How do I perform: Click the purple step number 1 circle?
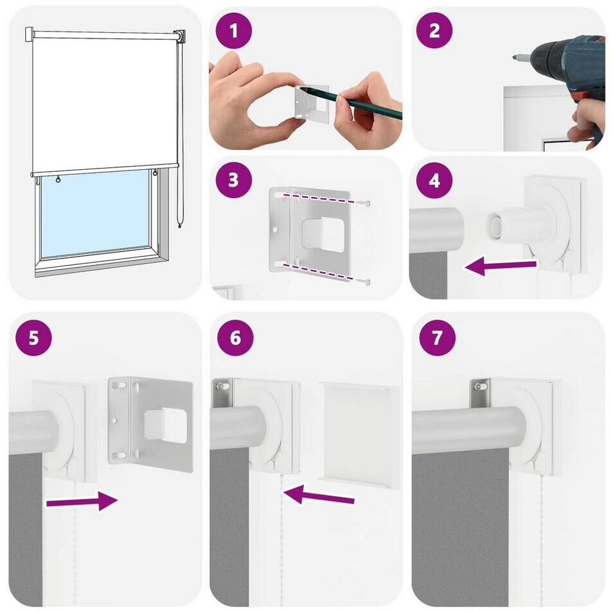click(x=234, y=31)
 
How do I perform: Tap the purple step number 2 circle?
click(x=434, y=31)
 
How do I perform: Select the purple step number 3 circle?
click(x=234, y=180)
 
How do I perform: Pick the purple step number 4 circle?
click(x=434, y=180)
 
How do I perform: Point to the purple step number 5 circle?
click(x=33, y=337)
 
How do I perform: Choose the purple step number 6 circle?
click(x=235, y=337)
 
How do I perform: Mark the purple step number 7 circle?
click(x=437, y=337)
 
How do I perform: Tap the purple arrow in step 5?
click(x=82, y=501)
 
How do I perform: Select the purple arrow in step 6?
click(x=319, y=495)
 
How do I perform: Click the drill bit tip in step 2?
click(x=514, y=58)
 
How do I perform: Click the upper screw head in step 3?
click(x=367, y=203)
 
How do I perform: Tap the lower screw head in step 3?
click(x=367, y=281)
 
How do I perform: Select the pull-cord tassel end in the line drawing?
click(x=179, y=225)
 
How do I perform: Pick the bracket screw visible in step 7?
click(x=478, y=387)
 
